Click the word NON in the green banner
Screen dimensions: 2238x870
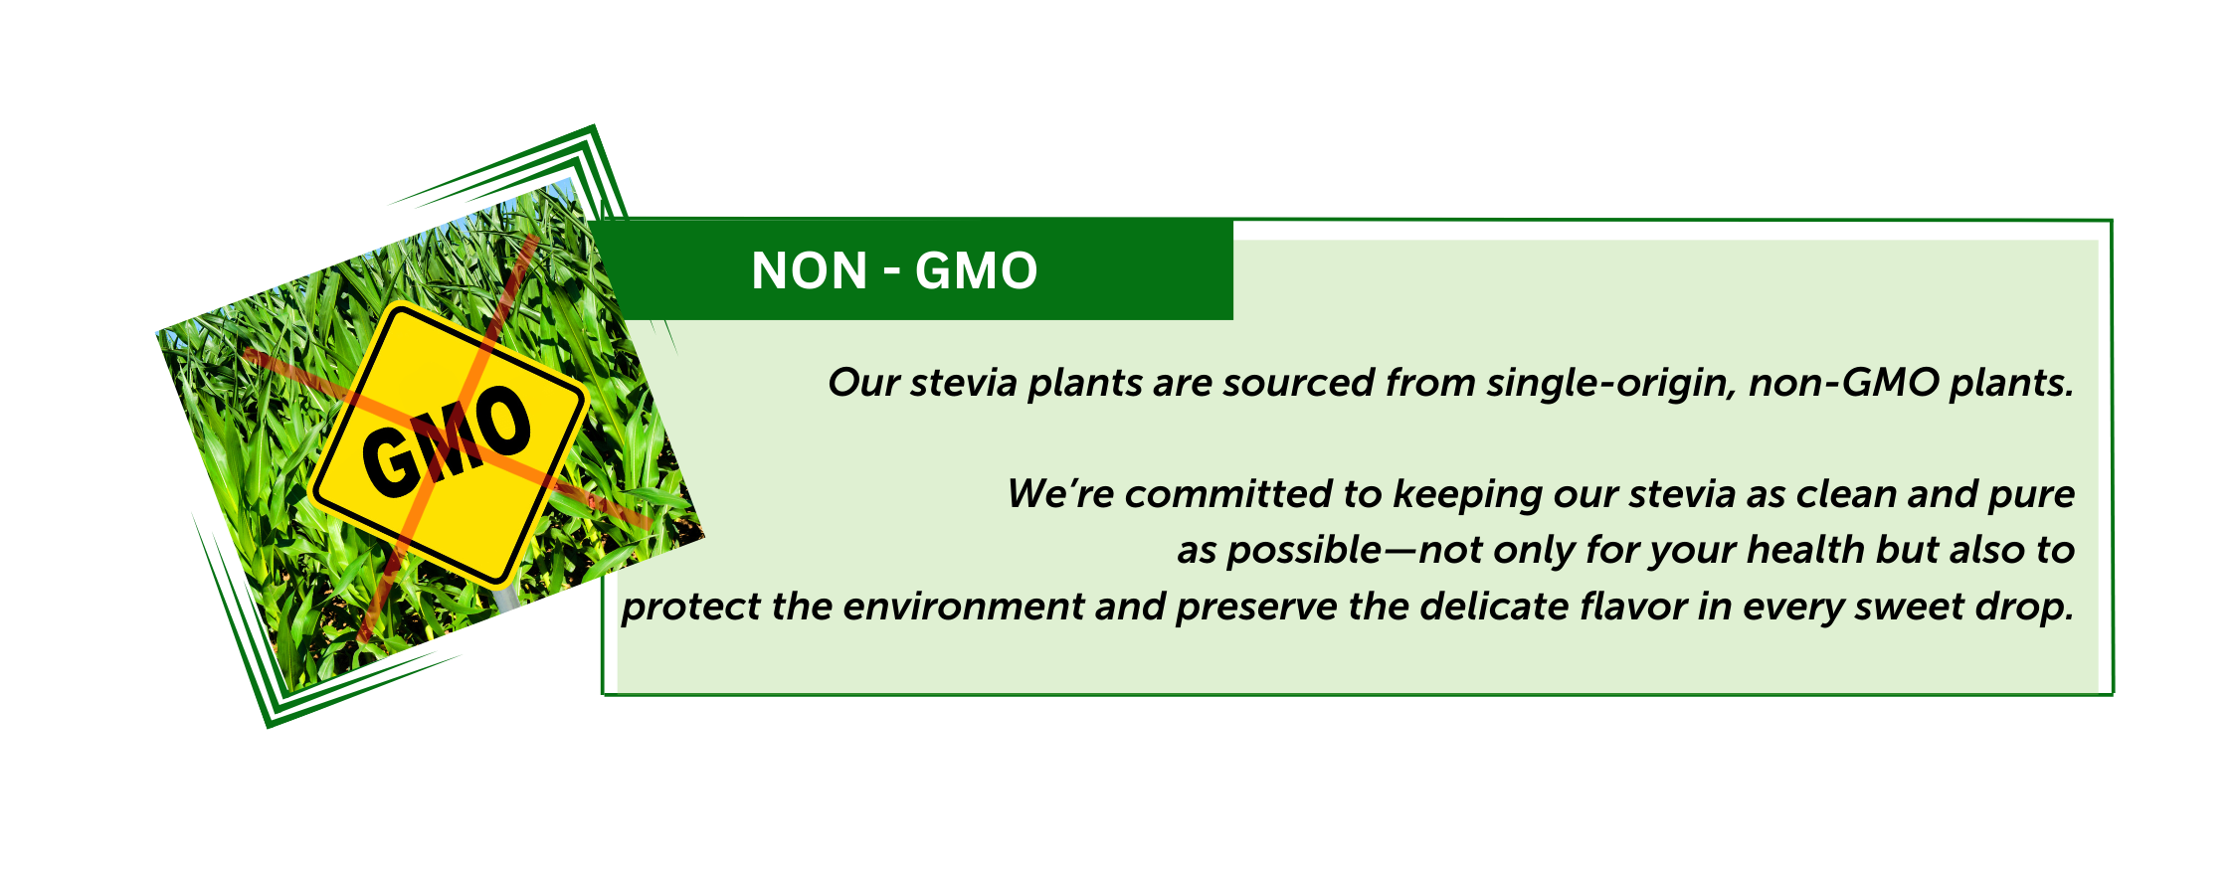810,270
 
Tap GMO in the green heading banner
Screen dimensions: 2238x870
977,270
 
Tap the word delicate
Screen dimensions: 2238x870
1503,607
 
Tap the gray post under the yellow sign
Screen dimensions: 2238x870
505,598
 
